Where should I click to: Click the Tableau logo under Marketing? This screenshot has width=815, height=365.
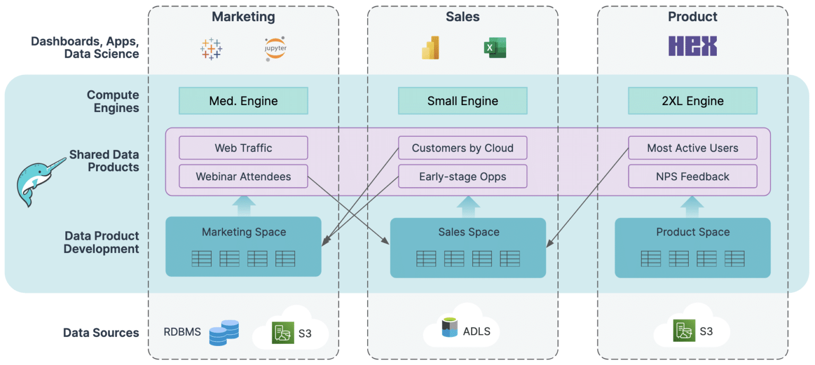tap(211, 48)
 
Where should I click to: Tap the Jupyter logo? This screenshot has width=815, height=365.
tap(275, 49)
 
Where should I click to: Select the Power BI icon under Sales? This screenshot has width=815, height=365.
tap(430, 48)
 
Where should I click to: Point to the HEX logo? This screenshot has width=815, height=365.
tap(692, 46)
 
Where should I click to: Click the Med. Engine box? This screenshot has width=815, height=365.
tap(243, 101)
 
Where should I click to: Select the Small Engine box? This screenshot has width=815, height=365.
tap(463, 101)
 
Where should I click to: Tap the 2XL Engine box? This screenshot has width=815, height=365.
tap(692, 101)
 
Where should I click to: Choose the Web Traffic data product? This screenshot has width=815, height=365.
tap(243, 148)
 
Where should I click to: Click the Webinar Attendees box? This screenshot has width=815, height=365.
tap(243, 176)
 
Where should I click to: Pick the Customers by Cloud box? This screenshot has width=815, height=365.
tap(463, 148)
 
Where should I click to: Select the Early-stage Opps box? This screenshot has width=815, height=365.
tap(463, 176)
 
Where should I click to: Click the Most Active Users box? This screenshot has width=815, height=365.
tap(692, 148)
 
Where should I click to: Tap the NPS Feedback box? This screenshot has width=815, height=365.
tap(692, 176)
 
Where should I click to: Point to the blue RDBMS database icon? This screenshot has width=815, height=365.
tap(223, 333)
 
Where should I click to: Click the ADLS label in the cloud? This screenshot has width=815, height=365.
tap(476, 332)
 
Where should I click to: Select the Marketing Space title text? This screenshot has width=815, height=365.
tap(244, 232)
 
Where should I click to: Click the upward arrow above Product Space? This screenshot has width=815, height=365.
tap(692, 207)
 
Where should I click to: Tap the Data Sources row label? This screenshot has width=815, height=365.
tap(101, 333)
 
